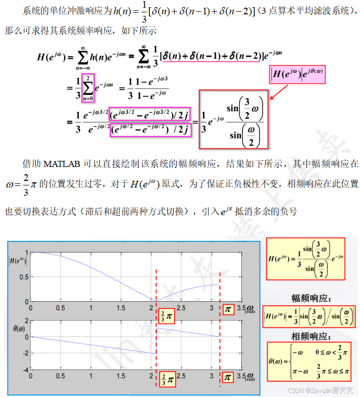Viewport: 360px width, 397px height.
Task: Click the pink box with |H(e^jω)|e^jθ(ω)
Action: pos(298,75)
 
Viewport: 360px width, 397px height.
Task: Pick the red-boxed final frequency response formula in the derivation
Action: pos(233,119)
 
